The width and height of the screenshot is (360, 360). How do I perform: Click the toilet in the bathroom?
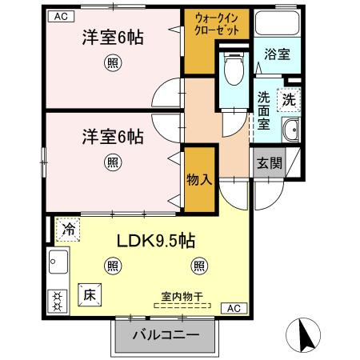pos(233,70)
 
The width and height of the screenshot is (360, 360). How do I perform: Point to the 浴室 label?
pos(278,53)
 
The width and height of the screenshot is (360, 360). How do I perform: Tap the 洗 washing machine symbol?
pos(290,101)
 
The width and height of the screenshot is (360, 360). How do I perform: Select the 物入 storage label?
pos(199,179)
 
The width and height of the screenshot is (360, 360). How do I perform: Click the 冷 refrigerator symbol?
pos(69,228)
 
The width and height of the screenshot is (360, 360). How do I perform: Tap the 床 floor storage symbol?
pos(88,294)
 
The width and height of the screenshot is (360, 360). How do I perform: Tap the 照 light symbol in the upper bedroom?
pos(114,63)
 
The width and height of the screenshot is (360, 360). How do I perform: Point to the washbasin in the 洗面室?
pos(290,130)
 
